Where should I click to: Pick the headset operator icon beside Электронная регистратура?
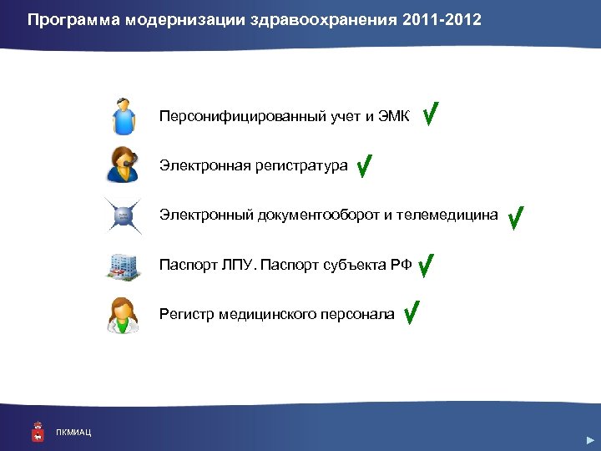124,165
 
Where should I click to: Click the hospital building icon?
123,266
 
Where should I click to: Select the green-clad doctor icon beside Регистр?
124,315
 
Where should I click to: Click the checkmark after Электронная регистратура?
364,166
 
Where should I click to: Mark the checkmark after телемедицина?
515,217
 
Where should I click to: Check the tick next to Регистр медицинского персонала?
410,313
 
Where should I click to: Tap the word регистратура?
302,166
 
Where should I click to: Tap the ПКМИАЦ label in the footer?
73,432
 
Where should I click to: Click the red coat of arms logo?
37,430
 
